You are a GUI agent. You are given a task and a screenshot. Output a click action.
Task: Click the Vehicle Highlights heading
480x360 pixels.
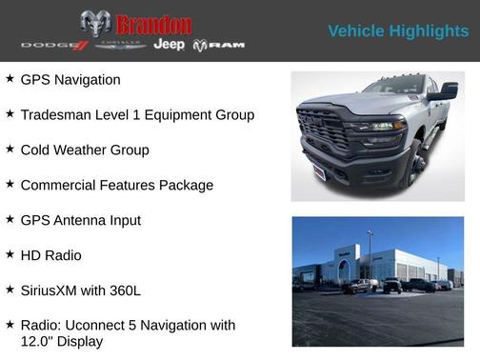398,31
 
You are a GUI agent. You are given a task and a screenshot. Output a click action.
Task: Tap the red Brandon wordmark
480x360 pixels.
153,25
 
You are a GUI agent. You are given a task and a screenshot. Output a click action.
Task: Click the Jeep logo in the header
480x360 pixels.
169,45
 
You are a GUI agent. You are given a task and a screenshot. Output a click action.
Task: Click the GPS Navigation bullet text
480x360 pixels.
70,80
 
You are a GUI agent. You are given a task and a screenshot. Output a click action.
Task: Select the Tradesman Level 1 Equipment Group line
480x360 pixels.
137,115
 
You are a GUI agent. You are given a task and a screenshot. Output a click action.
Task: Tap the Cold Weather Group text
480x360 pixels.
85,150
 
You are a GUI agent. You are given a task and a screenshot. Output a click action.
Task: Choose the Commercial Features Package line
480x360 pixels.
116,185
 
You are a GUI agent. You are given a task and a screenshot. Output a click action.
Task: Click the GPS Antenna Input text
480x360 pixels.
80,220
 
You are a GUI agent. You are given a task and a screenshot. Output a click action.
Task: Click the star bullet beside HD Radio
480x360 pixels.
10,254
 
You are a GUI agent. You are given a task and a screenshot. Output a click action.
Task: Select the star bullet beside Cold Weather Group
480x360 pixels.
10,150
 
